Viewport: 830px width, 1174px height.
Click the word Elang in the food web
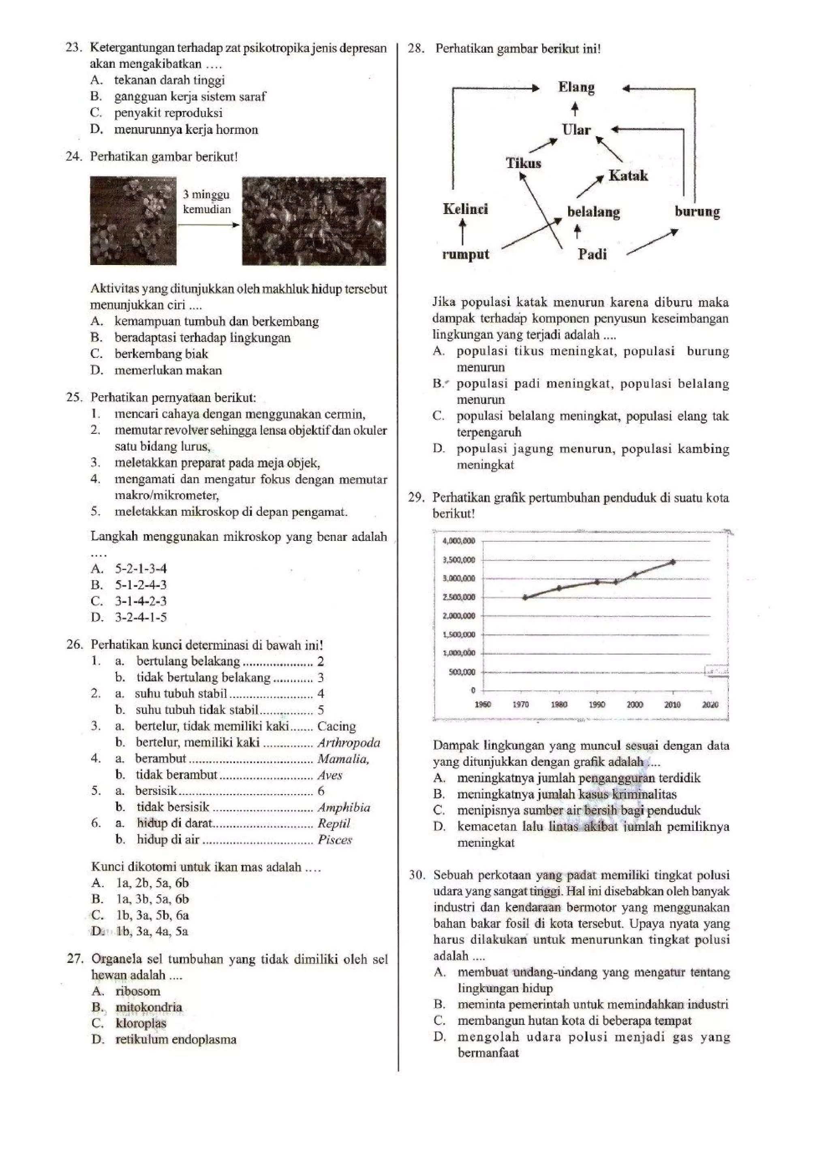(576, 87)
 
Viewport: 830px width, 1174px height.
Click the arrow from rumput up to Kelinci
(463, 232)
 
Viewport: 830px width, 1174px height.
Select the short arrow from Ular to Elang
(575, 109)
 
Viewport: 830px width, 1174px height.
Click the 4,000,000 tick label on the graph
(458, 541)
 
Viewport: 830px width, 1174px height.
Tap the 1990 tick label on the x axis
(596, 704)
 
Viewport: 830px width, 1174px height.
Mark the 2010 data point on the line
(672, 561)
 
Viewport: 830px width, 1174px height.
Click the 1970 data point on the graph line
(525, 597)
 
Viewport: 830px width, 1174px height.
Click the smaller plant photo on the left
(133, 221)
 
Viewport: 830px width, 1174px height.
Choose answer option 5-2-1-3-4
(141, 569)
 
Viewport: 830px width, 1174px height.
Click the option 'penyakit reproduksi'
(168, 113)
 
